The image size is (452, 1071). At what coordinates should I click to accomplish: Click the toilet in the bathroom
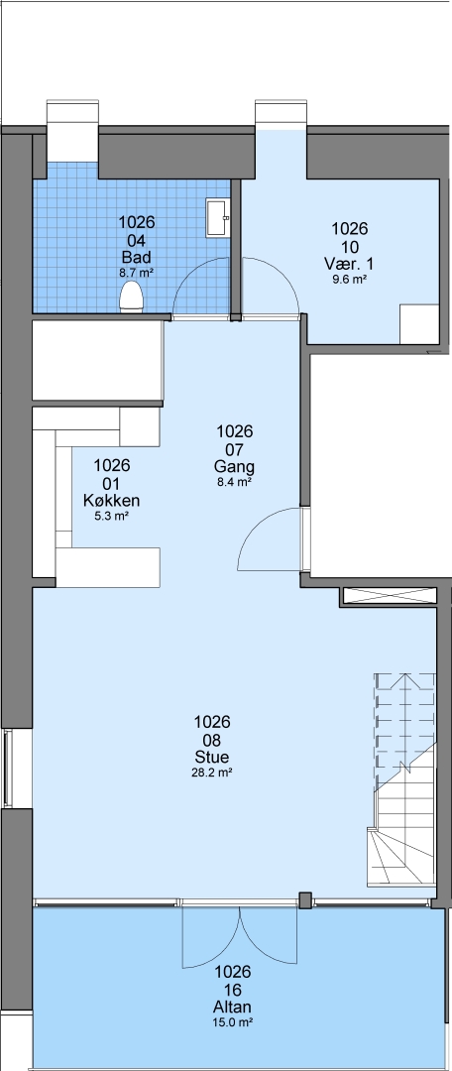pos(131,297)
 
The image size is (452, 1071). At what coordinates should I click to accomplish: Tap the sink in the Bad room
pos(218,218)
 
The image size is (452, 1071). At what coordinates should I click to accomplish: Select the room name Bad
pos(137,258)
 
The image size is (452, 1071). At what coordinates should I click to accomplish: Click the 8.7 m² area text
pos(137,272)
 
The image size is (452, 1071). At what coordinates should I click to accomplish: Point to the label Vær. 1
pos(349,264)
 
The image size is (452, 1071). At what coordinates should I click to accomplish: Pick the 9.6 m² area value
pos(349,278)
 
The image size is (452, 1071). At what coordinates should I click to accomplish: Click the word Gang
pos(234,467)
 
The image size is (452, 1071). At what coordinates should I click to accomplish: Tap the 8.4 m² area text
pos(234,482)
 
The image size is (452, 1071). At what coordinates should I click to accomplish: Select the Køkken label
pos(111,501)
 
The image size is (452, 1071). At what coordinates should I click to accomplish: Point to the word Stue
pos(212,758)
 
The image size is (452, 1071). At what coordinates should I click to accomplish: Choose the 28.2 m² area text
pos(212,773)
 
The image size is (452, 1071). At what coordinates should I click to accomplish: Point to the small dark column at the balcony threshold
pos(305,900)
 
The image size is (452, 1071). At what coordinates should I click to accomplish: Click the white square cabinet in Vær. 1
pos(418,323)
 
